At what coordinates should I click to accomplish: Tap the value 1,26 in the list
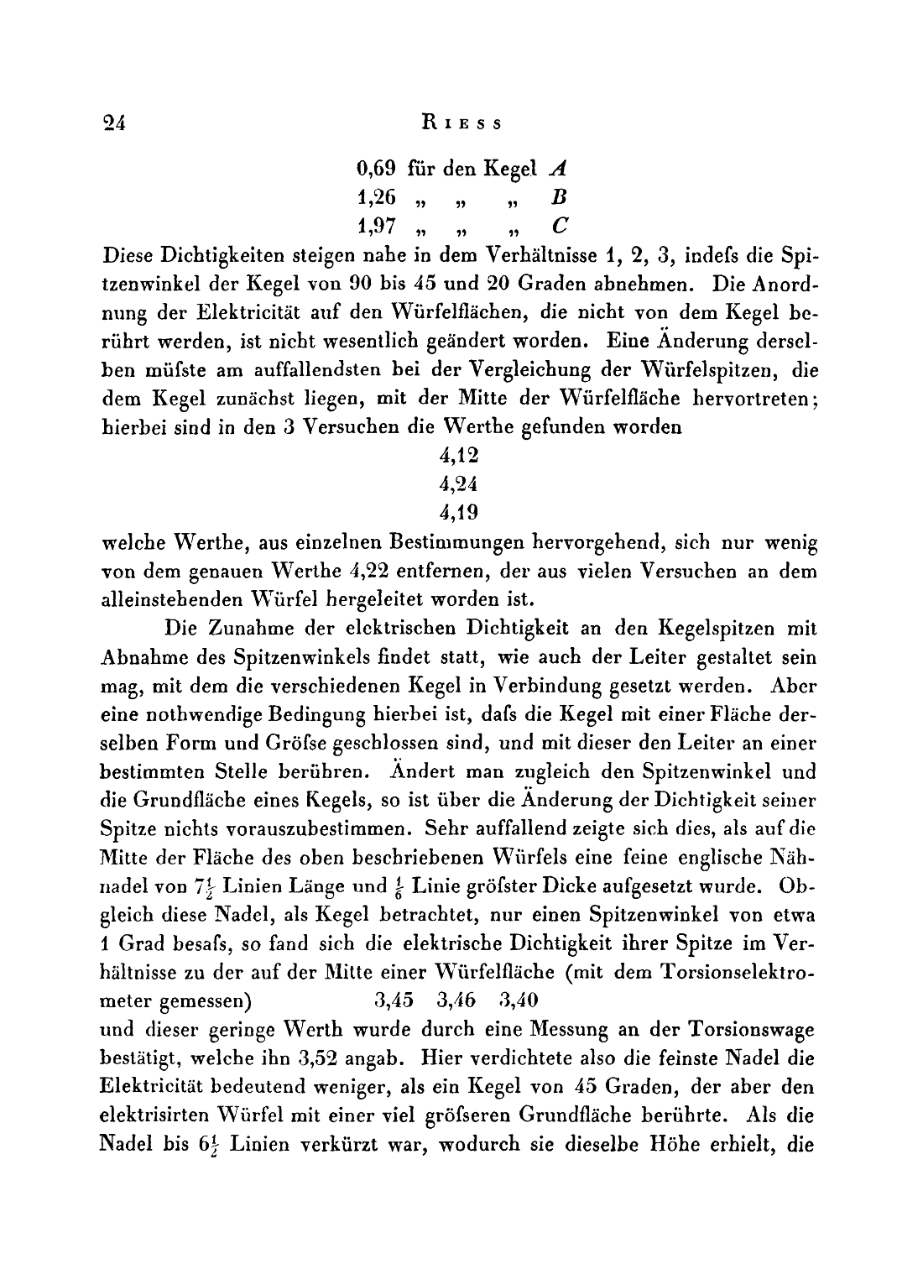[376, 197]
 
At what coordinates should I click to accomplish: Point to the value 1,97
[376, 226]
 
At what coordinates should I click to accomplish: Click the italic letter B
[561, 197]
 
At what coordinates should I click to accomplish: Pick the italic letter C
[561, 226]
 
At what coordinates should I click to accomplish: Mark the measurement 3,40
[518, 1000]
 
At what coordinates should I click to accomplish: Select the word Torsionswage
[748, 1029]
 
